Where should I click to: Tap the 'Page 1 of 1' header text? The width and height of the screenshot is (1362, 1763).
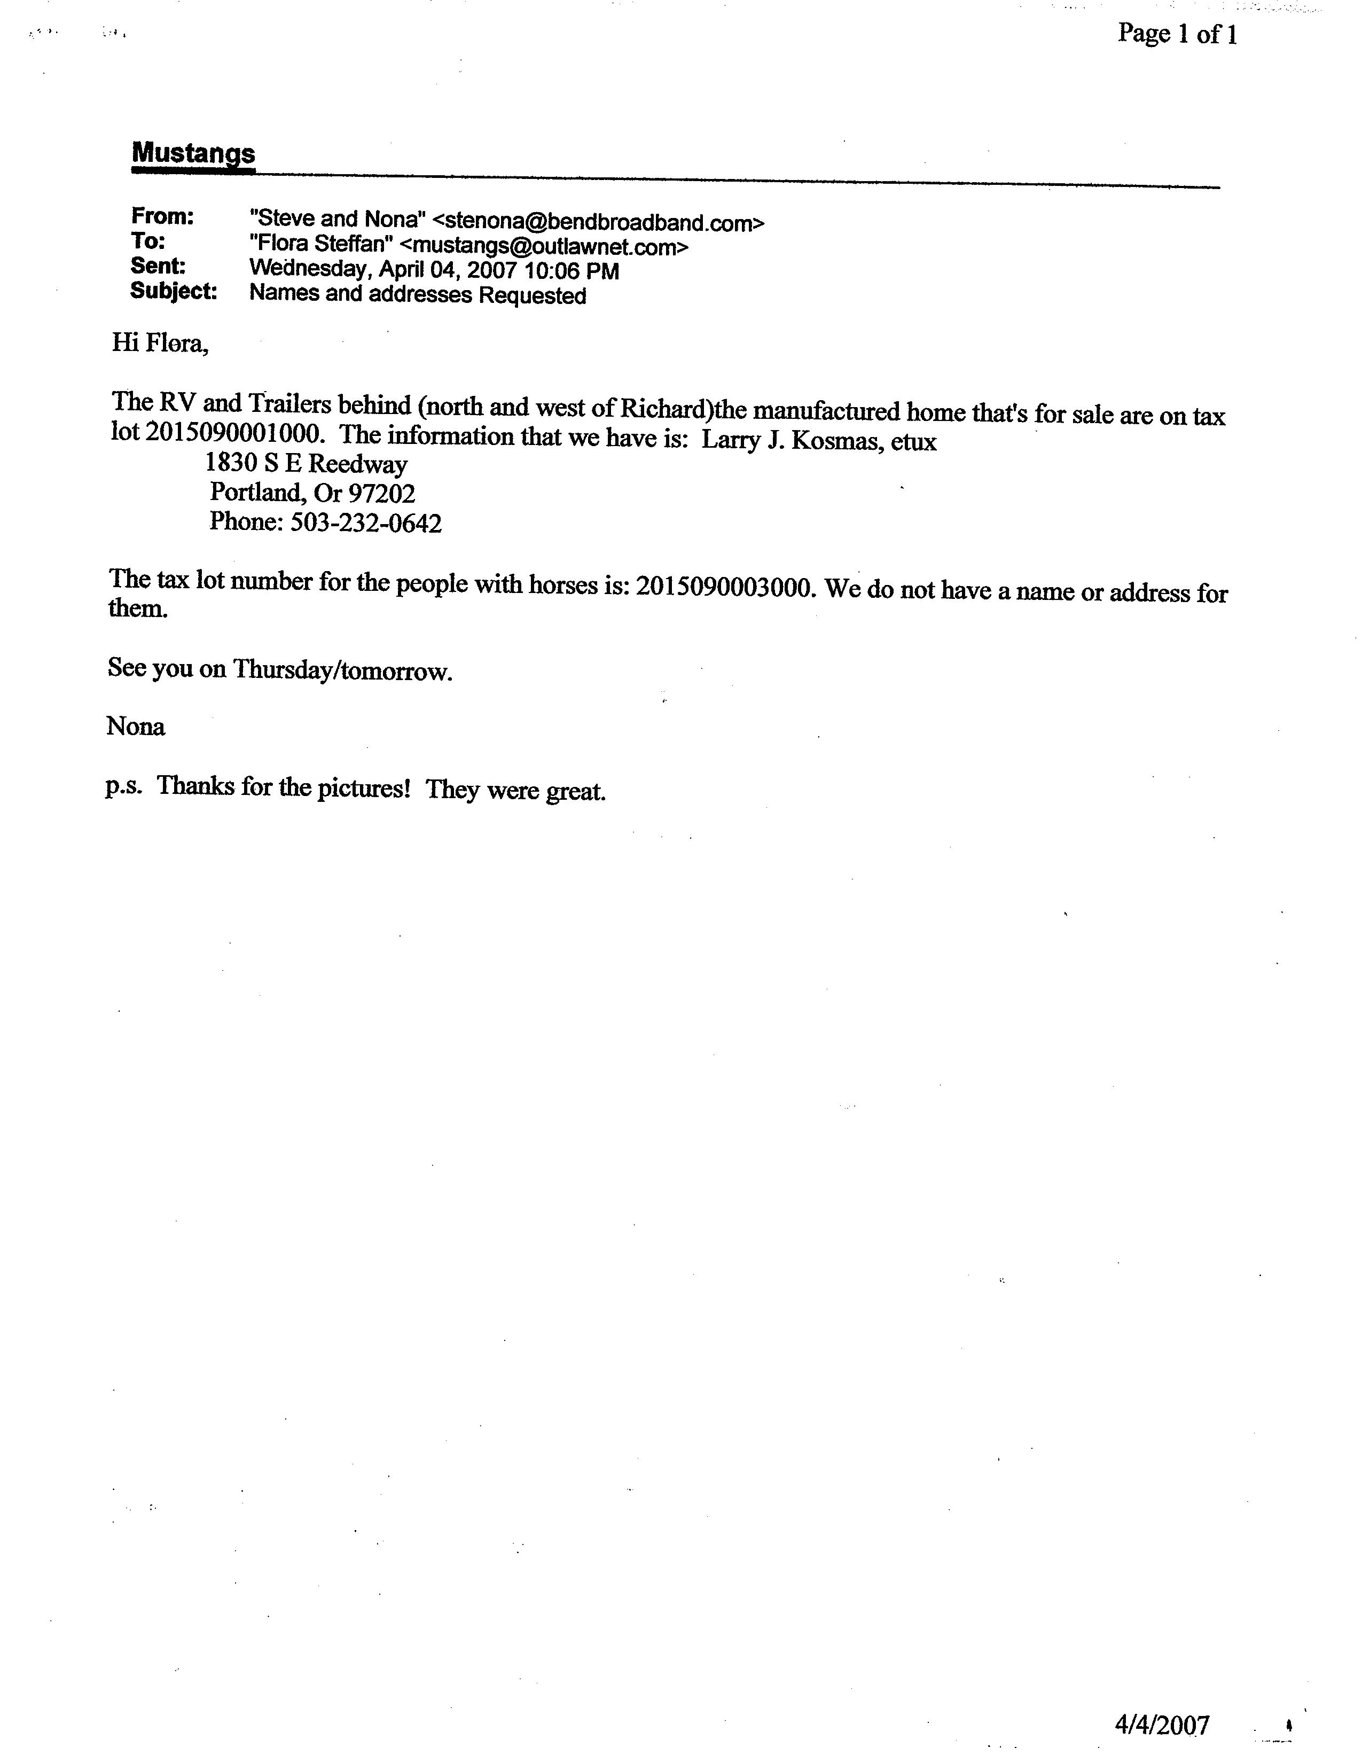pyautogui.click(x=1177, y=34)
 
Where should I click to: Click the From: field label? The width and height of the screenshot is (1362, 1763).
pyautogui.click(x=162, y=216)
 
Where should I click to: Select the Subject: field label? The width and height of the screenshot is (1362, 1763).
pyautogui.click(x=174, y=291)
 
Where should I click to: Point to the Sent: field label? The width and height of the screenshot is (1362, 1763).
pyautogui.click(x=158, y=267)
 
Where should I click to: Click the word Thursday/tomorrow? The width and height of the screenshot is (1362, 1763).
pyautogui.click(x=342, y=670)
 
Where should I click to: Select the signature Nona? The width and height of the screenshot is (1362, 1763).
pyautogui.click(x=136, y=727)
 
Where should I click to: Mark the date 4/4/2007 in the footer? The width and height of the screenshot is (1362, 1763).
pyautogui.click(x=1162, y=1724)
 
